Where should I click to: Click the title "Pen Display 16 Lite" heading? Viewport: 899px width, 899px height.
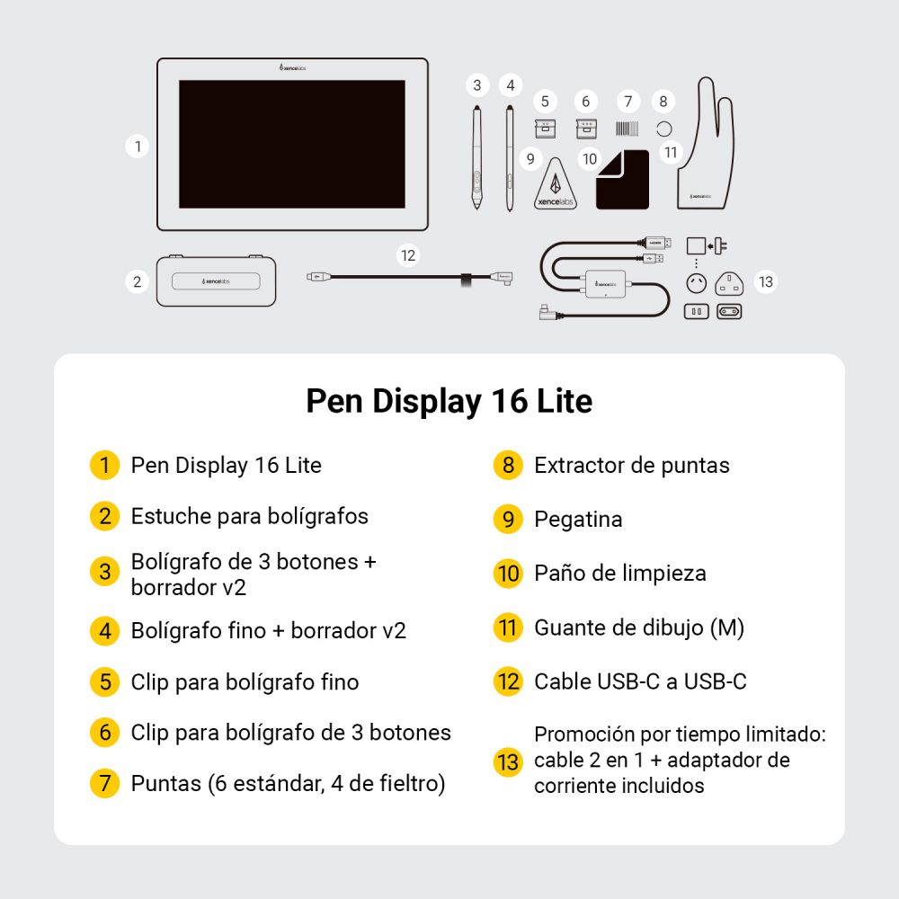(x=449, y=401)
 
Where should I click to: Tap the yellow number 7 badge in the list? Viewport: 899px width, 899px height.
(x=105, y=783)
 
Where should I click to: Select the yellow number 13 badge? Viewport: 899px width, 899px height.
(x=508, y=761)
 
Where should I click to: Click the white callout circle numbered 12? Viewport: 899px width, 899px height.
(x=408, y=255)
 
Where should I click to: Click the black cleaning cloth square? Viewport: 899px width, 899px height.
(x=622, y=181)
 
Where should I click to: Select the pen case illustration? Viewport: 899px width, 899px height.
(x=216, y=280)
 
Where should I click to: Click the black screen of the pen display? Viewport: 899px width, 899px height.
(x=291, y=144)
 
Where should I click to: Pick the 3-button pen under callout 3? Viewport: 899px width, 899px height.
(x=476, y=157)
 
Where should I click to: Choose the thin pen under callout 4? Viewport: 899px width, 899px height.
(x=510, y=157)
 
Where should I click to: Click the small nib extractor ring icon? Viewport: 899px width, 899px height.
(x=664, y=128)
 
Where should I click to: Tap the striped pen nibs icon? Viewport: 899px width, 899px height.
(x=628, y=128)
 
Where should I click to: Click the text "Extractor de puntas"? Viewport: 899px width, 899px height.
(x=631, y=465)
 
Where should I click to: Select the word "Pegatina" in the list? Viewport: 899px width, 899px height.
(x=578, y=519)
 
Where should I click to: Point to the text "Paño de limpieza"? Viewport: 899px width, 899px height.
(x=619, y=573)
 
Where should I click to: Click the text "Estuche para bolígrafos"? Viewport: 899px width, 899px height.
(x=249, y=516)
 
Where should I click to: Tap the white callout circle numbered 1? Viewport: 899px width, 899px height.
(x=137, y=146)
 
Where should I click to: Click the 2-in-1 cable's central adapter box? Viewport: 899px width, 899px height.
(x=605, y=283)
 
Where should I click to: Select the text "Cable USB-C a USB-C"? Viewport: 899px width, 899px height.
(x=640, y=681)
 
